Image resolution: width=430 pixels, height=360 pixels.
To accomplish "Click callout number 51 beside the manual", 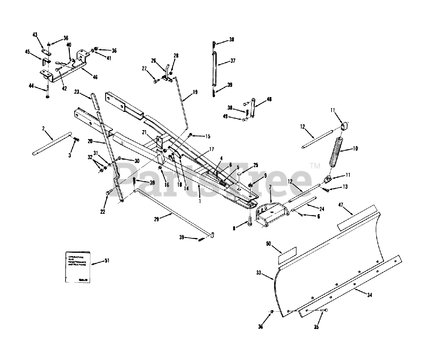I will coord(106,260).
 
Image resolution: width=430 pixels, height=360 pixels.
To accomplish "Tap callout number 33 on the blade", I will coord(258,273).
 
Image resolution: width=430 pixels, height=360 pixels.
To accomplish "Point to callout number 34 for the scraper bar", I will coord(369,295).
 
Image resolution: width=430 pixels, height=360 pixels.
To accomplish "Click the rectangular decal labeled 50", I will coord(287,255).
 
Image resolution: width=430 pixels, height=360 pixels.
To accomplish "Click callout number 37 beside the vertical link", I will coord(233,61).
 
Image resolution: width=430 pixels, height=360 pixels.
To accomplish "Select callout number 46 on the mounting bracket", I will coord(95,77).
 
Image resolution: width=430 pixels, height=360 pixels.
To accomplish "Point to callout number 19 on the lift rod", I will coord(195,92).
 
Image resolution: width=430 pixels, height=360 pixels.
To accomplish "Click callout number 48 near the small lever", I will coord(269,99).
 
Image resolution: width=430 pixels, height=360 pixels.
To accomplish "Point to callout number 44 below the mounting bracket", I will coord(32,86).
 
